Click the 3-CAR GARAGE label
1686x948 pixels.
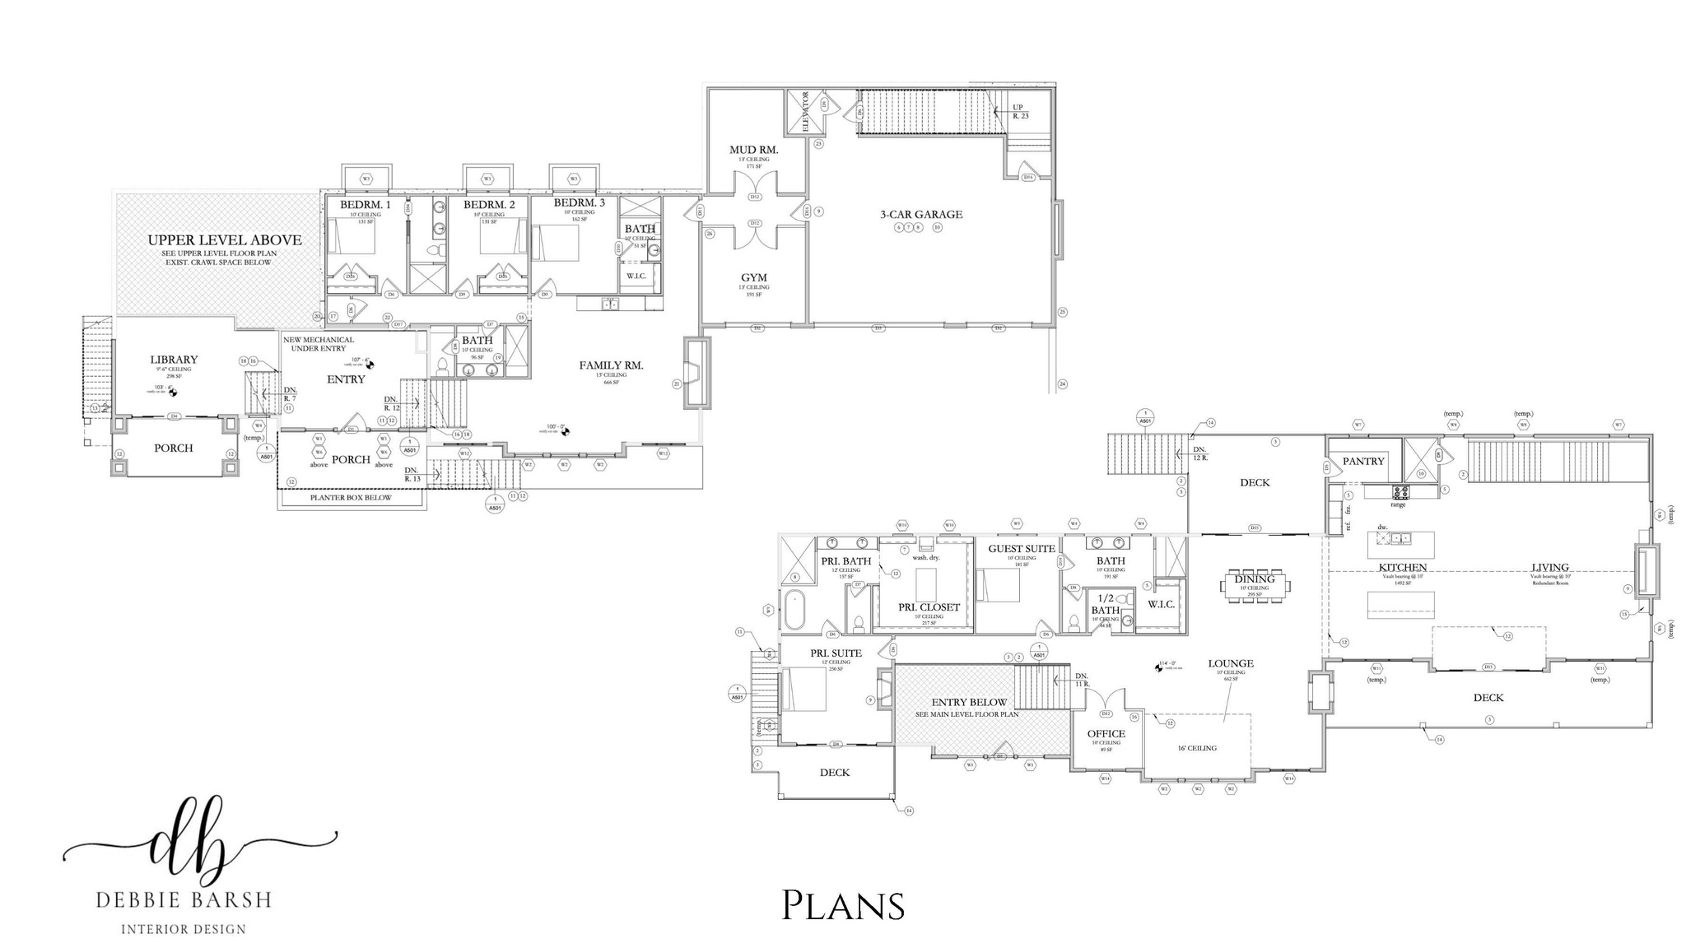coord(920,215)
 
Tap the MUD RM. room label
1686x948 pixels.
coord(753,151)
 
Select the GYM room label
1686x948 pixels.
coord(753,278)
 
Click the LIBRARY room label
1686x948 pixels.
coord(174,360)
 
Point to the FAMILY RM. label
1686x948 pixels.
coord(610,365)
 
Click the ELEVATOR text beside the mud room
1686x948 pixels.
coord(806,112)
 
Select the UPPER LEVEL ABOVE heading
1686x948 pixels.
coord(224,240)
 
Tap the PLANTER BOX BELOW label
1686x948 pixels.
coord(351,498)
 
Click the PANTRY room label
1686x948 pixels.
coord(1363,461)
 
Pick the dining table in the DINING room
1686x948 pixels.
coord(1255,586)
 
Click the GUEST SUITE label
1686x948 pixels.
coord(1021,549)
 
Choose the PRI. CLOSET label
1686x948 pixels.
coord(929,607)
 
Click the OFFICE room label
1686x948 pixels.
coord(1106,734)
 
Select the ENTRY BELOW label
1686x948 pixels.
coord(969,703)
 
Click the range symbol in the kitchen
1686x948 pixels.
coord(1400,493)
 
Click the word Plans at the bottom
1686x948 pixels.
coord(842,904)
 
